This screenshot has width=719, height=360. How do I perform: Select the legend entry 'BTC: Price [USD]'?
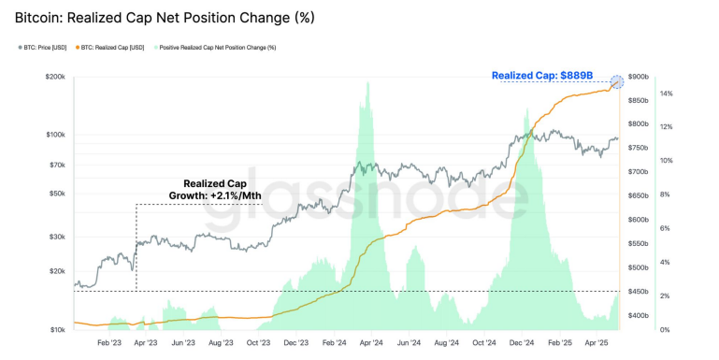coord(47,47)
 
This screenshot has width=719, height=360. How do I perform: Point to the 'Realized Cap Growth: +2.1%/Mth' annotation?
coord(215,191)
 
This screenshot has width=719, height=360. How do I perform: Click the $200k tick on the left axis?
coord(54,77)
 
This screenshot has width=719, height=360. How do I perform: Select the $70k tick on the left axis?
coord(56,165)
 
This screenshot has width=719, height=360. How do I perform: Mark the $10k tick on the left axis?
coord(56,330)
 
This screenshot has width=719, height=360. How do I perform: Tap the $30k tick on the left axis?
coord(56,237)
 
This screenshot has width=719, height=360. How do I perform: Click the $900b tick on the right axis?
coord(639,77)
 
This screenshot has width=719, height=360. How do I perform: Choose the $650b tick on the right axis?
coord(639,196)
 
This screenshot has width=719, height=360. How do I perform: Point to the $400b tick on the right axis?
coord(639,316)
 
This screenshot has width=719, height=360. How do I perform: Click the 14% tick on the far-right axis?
coord(666,94)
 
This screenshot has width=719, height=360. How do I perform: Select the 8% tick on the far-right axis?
coord(665,194)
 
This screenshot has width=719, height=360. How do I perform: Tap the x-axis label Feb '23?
coord(109,343)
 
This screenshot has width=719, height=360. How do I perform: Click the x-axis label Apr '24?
coord(370,343)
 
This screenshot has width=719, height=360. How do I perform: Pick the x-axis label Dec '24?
coord(522,343)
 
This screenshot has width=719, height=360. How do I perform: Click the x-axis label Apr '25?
coord(597,343)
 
